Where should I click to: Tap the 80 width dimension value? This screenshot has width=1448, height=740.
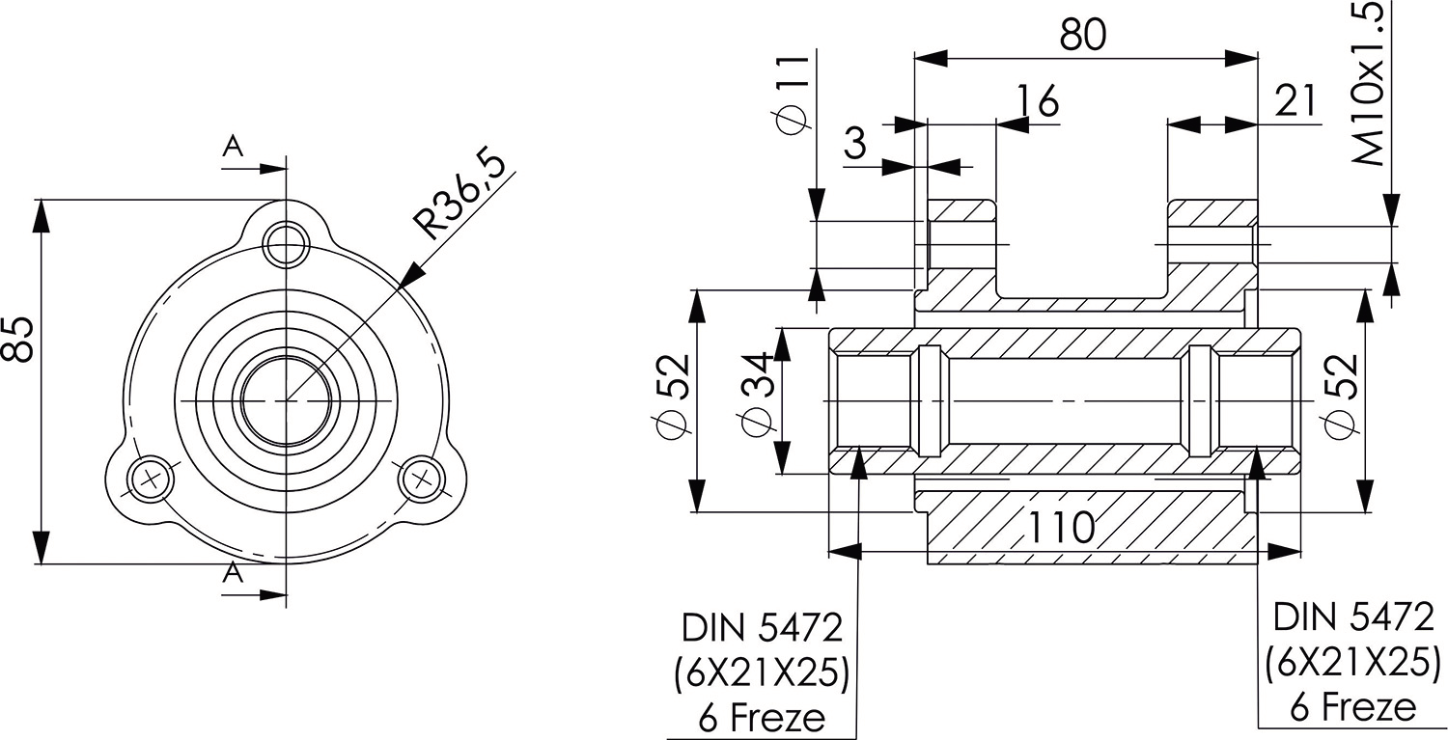1083,34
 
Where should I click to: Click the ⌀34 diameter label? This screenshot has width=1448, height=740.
755,398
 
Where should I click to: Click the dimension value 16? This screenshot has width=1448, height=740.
1037,99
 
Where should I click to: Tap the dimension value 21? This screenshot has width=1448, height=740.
1295,99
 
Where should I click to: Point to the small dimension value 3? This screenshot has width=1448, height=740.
855,143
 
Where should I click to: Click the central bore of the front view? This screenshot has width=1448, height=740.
286,398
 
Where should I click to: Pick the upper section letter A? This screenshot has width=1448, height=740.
232,146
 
